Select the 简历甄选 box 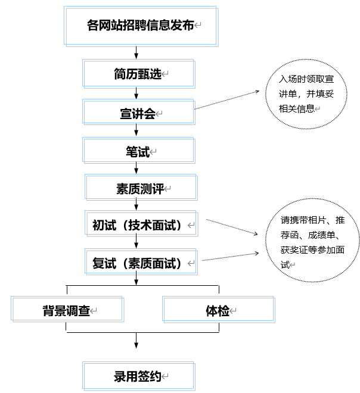click(x=138, y=74)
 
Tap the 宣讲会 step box click(x=138, y=113)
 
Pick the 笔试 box click(x=138, y=151)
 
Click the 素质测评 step click(x=140, y=189)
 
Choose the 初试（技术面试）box click(x=141, y=226)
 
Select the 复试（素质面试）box click(x=141, y=263)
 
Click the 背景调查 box click(x=67, y=310)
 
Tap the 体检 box click(x=218, y=310)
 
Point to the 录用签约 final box click(x=138, y=376)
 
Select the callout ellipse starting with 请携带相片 click(x=313, y=242)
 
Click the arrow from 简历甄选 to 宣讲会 click(x=137, y=93)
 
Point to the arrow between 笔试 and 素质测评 click(x=137, y=169)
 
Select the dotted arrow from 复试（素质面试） click(x=229, y=257)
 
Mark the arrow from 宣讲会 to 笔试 click(x=137, y=131)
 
